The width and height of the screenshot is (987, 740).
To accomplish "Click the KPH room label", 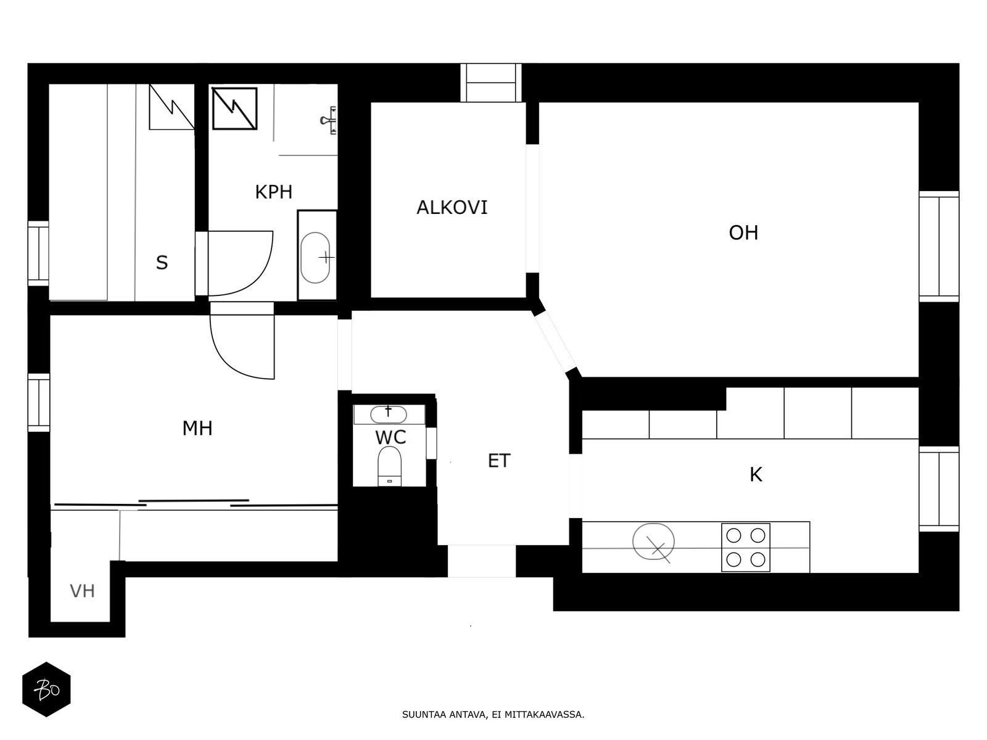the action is (x=273, y=192).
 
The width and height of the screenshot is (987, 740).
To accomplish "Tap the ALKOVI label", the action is (x=452, y=208).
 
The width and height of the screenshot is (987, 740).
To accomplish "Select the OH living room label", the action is (x=743, y=232).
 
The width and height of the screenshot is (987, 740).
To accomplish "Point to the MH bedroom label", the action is (x=197, y=428).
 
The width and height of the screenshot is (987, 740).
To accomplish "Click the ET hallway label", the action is (x=499, y=461).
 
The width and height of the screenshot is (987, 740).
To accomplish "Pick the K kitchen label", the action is (x=756, y=474).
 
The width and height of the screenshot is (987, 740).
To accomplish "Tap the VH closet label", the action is (x=82, y=591).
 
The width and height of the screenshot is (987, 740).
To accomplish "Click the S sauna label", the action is (x=162, y=263).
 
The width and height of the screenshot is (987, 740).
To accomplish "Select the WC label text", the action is (x=390, y=437).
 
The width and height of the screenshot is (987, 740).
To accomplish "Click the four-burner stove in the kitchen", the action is (x=746, y=547).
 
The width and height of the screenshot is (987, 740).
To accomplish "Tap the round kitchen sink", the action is (x=653, y=542).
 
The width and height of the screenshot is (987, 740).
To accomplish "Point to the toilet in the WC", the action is (x=389, y=466).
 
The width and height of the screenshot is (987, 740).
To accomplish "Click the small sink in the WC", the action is (x=389, y=414).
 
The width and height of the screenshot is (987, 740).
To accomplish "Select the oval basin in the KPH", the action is (x=315, y=257).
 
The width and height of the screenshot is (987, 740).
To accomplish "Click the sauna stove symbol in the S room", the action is (x=171, y=107).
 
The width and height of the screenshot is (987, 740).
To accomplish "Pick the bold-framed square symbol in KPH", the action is (x=235, y=109).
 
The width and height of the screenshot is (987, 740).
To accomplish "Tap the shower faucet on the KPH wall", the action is (x=329, y=120).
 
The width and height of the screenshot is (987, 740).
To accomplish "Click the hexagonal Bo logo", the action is (x=46, y=689).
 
